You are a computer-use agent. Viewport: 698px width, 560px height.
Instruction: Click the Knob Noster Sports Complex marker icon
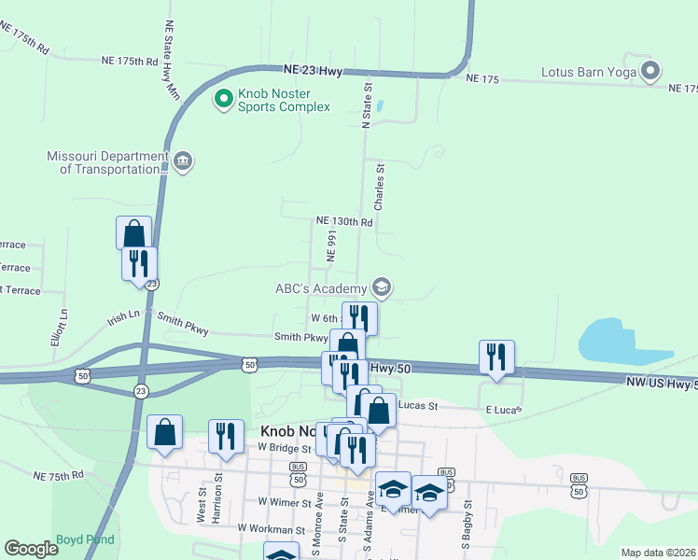point(224,98)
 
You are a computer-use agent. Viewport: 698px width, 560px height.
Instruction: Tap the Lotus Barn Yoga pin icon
point(650,71)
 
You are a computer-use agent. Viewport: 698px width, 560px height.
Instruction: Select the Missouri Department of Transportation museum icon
point(183,162)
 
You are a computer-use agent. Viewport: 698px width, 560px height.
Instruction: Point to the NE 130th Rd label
point(344,222)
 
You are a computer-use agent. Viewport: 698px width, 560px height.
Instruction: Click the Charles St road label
point(379,187)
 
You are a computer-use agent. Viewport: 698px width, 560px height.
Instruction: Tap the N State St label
point(367,104)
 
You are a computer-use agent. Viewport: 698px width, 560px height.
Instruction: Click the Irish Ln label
point(123,317)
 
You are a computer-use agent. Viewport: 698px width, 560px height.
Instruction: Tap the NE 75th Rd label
point(59,475)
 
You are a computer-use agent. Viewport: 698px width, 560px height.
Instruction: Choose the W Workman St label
point(272,528)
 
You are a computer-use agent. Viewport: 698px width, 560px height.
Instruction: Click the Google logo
point(31,549)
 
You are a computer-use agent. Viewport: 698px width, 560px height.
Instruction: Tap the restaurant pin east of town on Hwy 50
point(496,357)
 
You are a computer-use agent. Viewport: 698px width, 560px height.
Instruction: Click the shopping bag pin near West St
point(165,433)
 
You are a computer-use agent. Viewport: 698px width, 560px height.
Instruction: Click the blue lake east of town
point(621,343)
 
